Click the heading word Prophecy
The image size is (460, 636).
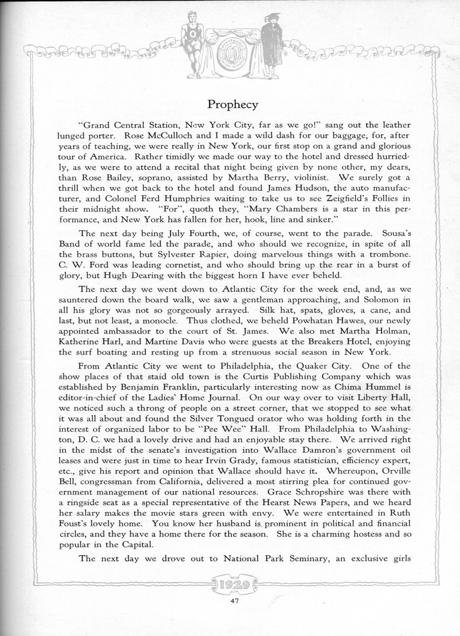[x=232, y=105]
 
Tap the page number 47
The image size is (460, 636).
[x=231, y=601]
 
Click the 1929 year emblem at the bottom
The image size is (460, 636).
[x=231, y=585]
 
